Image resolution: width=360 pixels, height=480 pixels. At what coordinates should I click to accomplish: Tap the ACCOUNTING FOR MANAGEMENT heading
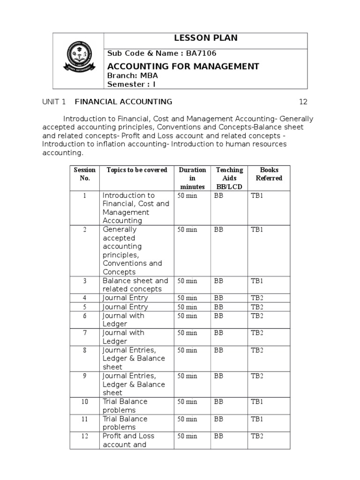[x=183, y=66]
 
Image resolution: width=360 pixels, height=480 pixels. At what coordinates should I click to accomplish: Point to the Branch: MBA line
[x=133, y=75]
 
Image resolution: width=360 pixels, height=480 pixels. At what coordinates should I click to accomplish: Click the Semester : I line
[x=131, y=84]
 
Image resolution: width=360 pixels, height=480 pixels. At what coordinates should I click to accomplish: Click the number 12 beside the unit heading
[x=303, y=102]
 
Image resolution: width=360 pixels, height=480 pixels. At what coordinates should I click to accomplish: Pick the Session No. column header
[x=84, y=174]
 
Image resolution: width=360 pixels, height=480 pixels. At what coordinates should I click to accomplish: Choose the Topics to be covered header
[x=136, y=170]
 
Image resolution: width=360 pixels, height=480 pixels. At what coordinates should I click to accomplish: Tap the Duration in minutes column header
[x=192, y=178]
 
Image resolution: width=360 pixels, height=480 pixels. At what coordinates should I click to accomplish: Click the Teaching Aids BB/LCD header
[x=229, y=178]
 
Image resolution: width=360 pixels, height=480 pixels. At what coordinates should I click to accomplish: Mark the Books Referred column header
[x=269, y=174]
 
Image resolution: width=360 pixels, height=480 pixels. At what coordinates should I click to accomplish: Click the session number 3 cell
[x=84, y=281]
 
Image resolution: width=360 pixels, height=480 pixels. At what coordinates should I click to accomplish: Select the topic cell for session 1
[x=136, y=208]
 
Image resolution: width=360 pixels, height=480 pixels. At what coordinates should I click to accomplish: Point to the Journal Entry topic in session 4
[x=125, y=298]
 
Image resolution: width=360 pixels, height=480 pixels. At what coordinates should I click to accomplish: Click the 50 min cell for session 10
[x=187, y=402]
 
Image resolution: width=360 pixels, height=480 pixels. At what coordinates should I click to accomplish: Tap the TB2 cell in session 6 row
[x=257, y=316]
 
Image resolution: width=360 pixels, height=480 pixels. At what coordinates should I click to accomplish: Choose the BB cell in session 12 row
[x=219, y=436]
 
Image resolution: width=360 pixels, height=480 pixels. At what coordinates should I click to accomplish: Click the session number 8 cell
[x=84, y=350]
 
